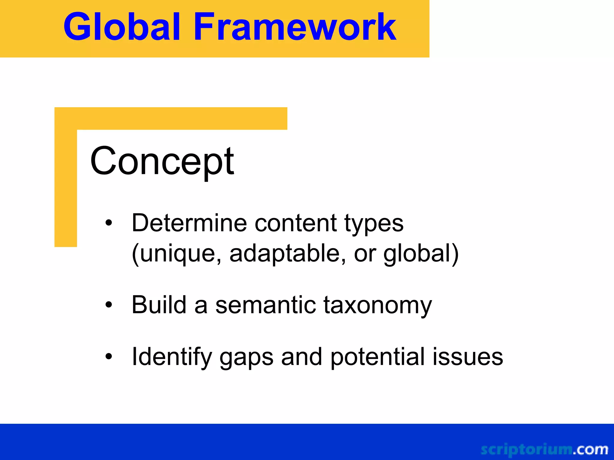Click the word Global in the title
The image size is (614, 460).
[122, 27]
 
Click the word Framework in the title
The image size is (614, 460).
[295, 27]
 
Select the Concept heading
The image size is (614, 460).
[162, 162]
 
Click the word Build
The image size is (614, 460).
[159, 305]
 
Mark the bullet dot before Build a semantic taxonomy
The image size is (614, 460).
[109, 305]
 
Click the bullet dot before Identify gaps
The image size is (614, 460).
[109, 356]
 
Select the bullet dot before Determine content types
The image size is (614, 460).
[109, 223]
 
